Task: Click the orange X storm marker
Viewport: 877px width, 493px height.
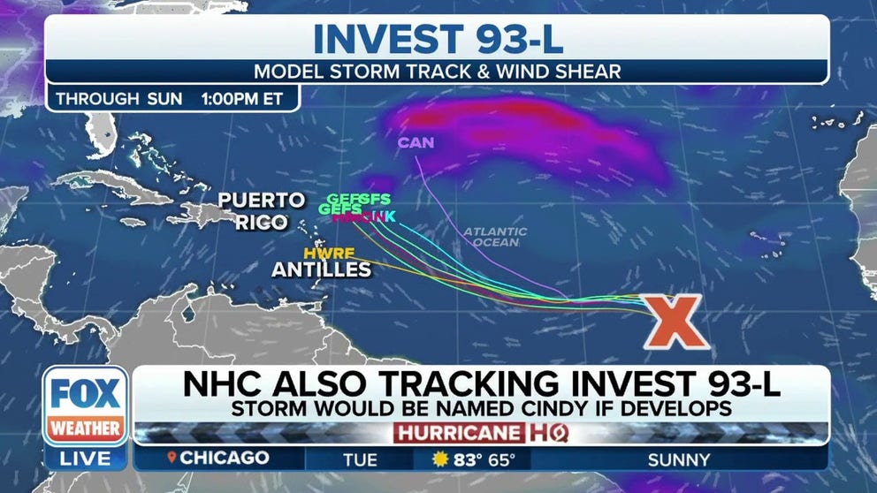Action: pyautogui.click(x=676, y=320)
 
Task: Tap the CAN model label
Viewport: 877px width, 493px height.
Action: pyautogui.click(x=416, y=141)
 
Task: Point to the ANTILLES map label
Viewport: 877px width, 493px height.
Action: pyautogui.click(x=322, y=269)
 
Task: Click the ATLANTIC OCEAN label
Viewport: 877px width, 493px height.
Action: pyautogui.click(x=495, y=238)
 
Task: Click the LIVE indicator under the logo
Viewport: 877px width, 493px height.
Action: pyautogui.click(x=86, y=458)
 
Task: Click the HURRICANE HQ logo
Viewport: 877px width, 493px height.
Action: pyautogui.click(x=481, y=433)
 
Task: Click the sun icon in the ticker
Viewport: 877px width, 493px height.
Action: pyautogui.click(x=441, y=459)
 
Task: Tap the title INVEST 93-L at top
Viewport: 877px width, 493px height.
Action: pyautogui.click(x=438, y=39)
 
